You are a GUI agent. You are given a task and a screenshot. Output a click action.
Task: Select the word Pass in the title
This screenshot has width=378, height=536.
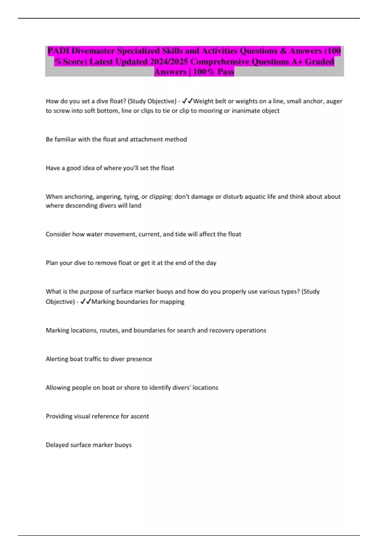click(226, 72)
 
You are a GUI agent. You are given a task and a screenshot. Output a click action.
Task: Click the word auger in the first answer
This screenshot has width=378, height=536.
click(334, 101)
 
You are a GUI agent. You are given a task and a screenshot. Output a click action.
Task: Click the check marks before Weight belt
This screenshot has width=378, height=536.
click(187, 101)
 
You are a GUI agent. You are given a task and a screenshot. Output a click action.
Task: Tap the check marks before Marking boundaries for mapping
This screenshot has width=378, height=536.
click(86, 302)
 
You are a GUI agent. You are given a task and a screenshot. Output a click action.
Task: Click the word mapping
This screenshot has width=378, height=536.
click(172, 302)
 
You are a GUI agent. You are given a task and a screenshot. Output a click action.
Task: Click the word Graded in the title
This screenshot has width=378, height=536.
click(319, 61)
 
